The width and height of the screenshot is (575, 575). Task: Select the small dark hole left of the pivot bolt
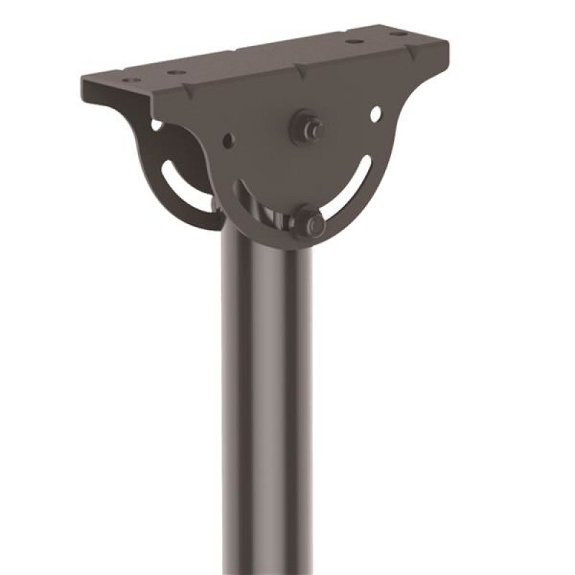[229, 139]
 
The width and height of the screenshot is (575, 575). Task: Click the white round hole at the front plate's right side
[375, 114]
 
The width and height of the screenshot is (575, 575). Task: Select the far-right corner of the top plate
[448, 43]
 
